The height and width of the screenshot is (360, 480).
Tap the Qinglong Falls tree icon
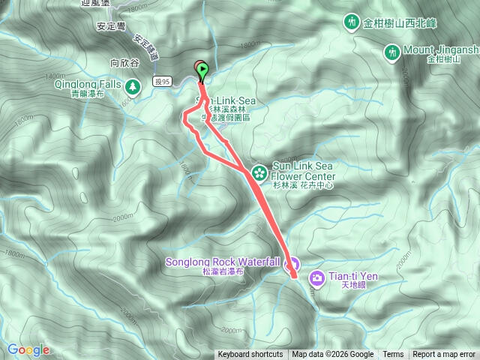coord(133,88)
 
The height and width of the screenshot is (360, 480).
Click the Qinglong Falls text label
coord(88,85)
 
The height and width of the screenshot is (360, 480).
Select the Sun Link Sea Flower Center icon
coord(259,172)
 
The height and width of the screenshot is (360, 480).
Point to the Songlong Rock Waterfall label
coord(223,262)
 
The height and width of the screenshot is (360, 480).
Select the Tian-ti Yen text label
coord(353,276)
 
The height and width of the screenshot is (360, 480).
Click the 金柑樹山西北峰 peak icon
coord(352,22)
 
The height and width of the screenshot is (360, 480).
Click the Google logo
coord(28,349)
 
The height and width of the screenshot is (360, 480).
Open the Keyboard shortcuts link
coord(250,355)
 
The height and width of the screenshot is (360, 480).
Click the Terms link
coord(393,355)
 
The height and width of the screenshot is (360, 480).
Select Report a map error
coord(444,355)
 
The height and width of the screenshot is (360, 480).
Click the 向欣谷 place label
coord(125,64)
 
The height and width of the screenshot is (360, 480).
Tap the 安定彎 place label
coord(110,25)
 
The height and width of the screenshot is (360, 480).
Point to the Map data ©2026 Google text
coord(333,355)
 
